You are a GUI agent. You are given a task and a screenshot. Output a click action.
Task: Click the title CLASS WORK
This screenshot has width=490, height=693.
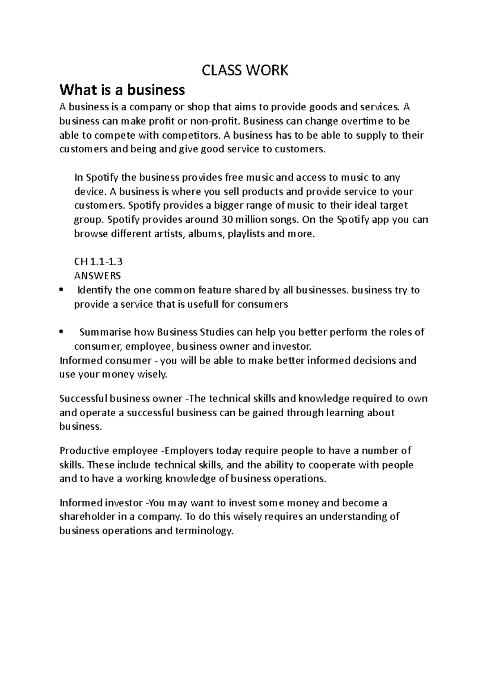[245, 71]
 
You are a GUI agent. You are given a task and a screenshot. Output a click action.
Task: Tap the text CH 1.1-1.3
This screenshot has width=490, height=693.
[98, 262]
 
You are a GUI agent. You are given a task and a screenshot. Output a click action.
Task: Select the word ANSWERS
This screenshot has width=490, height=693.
[97, 276]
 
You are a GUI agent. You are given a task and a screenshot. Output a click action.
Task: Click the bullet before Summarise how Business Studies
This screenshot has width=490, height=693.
[61, 332]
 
